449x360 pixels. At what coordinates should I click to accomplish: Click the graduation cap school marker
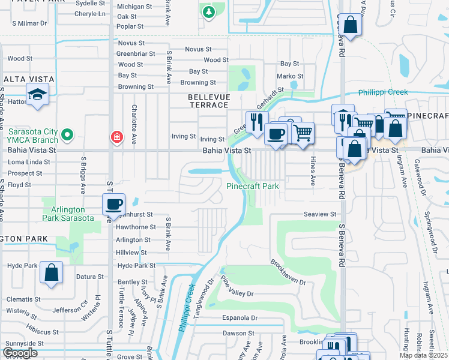click(37, 95)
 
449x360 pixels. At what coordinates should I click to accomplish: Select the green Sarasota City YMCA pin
click(68, 134)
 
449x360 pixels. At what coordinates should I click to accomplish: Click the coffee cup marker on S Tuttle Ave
click(113, 205)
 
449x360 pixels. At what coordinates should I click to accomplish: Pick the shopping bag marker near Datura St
click(52, 272)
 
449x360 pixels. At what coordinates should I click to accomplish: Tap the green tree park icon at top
click(208, 12)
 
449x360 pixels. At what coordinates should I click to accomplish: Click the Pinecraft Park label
click(253, 186)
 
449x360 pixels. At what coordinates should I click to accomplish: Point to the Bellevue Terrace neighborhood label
click(208, 100)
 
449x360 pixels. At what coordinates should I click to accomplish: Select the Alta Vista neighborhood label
click(29, 79)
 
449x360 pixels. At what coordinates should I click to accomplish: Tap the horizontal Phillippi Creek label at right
click(383, 92)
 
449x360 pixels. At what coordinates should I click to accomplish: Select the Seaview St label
click(320, 214)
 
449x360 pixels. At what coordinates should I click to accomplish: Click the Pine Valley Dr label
click(238, 287)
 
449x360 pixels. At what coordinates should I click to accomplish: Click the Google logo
click(20, 353)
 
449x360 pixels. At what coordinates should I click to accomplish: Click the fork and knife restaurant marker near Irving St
click(257, 122)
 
